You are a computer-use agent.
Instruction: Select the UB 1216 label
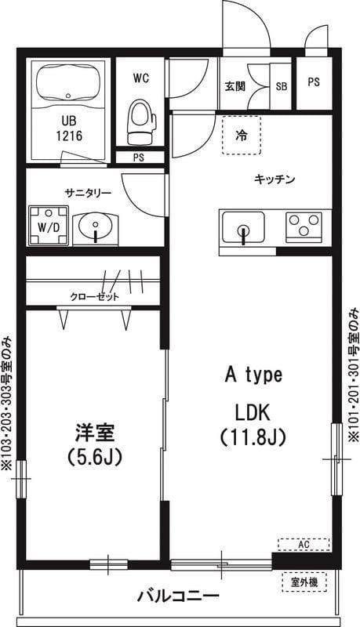68,128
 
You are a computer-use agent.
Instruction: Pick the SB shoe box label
281,86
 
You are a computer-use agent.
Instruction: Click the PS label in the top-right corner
314,82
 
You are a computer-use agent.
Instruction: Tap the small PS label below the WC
138,158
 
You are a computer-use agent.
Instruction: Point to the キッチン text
274,179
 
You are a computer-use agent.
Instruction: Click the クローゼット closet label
95,296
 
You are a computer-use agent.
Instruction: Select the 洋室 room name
95,431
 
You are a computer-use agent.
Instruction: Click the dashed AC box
304,544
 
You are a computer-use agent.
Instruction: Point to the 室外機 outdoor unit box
304,582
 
